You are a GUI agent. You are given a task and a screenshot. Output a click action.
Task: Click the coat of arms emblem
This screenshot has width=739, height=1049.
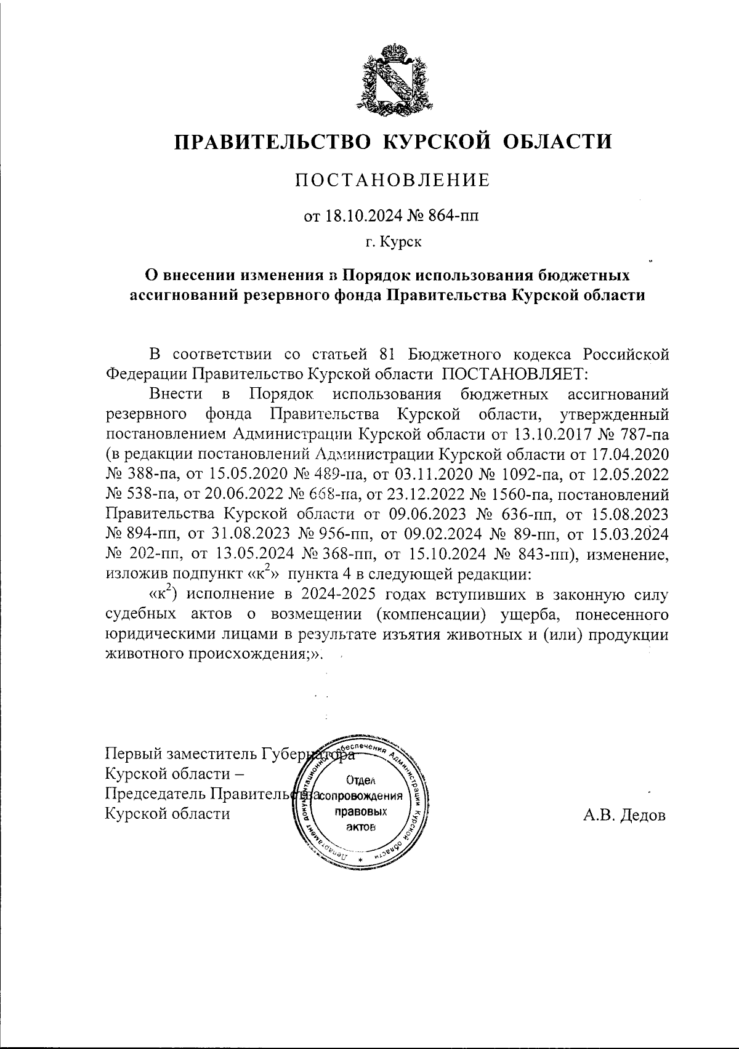(x=394, y=79)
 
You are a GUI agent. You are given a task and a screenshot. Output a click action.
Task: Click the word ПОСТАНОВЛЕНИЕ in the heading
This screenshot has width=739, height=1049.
(x=394, y=180)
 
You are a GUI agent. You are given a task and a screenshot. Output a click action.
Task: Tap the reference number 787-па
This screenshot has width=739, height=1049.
(x=640, y=434)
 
